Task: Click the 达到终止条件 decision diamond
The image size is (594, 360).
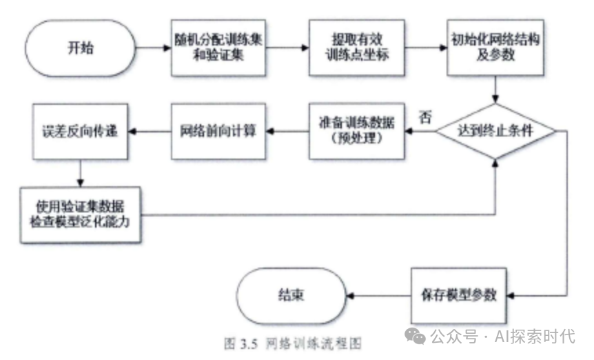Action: coord(496,131)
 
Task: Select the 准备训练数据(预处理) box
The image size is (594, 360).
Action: coord(356,130)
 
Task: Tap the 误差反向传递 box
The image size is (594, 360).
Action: coord(80,130)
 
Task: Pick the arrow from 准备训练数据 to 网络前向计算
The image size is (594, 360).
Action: coord(287,130)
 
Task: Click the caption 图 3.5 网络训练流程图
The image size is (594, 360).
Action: coord(292,342)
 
